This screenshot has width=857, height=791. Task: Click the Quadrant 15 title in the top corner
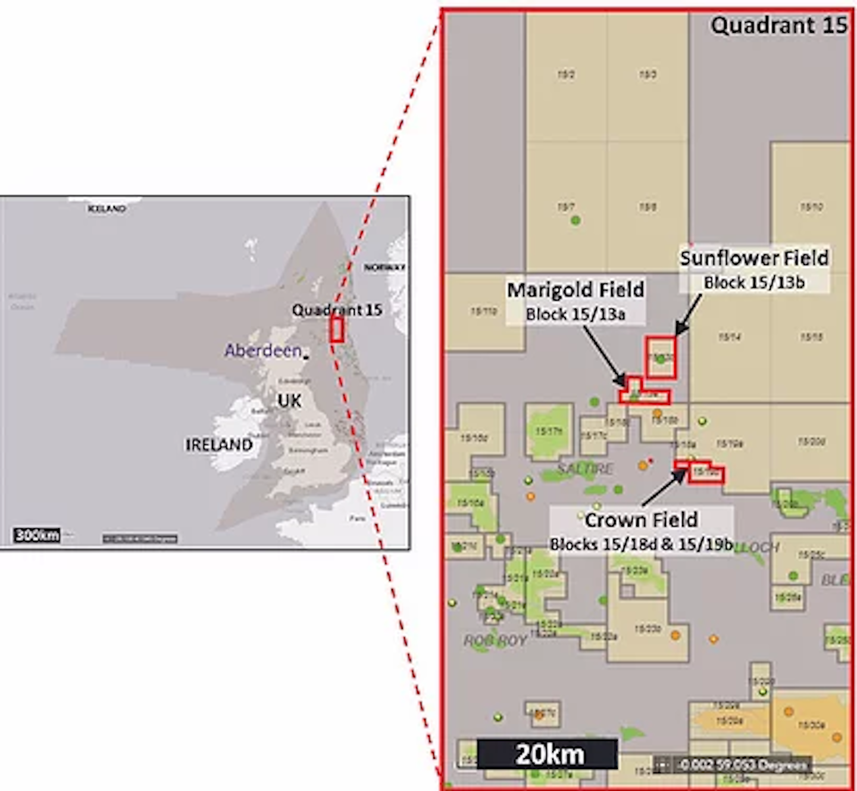pyautogui.click(x=778, y=25)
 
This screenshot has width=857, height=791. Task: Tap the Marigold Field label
pyautogui.click(x=575, y=290)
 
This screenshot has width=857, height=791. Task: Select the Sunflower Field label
pyautogui.click(x=754, y=259)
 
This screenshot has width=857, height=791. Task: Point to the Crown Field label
pyautogui.click(x=641, y=520)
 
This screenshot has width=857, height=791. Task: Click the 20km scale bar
pyautogui.click(x=547, y=754)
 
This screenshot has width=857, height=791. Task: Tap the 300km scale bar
pyautogui.click(x=37, y=535)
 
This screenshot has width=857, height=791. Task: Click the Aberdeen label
pyautogui.click(x=262, y=350)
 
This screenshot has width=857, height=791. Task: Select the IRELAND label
pyautogui.click(x=219, y=444)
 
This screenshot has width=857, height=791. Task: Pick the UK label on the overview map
pyautogui.click(x=289, y=401)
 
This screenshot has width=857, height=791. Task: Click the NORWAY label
pyautogui.click(x=384, y=267)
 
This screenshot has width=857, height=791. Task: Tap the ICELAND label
pyautogui.click(x=107, y=208)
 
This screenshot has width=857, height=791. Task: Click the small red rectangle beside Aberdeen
pyautogui.click(x=337, y=329)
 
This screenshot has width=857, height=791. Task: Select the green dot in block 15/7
pyautogui.click(x=575, y=221)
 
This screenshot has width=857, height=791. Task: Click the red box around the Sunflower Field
pyautogui.click(x=661, y=357)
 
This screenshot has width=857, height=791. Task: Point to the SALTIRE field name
pyautogui.click(x=586, y=469)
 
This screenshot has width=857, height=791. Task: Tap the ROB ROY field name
pyautogui.click(x=495, y=640)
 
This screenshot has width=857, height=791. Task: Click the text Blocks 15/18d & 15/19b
pyautogui.click(x=641, y=544)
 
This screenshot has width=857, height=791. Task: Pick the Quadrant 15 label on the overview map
pyautogui.click(x=337, y=310)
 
